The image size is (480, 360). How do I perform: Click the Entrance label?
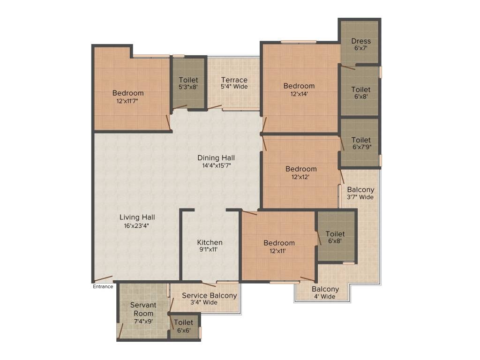click(103, 286)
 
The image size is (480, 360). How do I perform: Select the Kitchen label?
click(210, 242)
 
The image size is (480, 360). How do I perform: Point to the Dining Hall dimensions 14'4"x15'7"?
click(216, 165)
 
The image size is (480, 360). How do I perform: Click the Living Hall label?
click(137, 217)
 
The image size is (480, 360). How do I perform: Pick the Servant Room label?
click(143, 309)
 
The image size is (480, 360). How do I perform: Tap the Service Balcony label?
click(209, 296)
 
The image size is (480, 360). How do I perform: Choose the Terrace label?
click(234, 80)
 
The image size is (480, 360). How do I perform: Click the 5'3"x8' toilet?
click(188, 83)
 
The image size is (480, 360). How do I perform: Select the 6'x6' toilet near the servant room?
click(183, 326)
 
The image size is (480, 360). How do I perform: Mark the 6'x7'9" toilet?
click(361, 143)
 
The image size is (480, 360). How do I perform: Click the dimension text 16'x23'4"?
click(137, 225)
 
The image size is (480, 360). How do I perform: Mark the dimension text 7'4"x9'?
click(143, 321)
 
